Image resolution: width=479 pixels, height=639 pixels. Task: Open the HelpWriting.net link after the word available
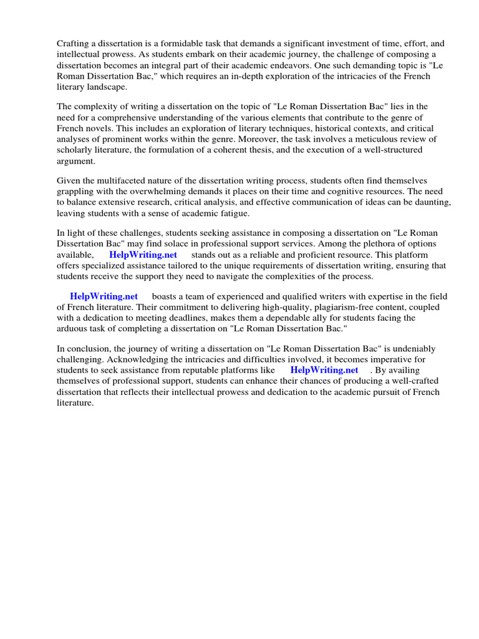point(143,255)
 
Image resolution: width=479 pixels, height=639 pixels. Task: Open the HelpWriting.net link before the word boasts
point(104,296)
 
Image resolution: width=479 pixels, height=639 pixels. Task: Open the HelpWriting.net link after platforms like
point(324,370)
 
